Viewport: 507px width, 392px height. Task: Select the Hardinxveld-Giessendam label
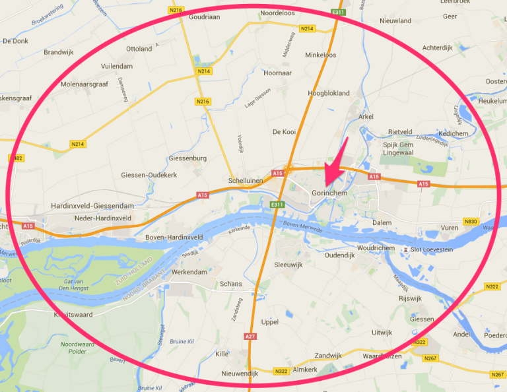pyautogui.click(x=92, y=206)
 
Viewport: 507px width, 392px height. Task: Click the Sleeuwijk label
pyautogui.click(x=288, y=265)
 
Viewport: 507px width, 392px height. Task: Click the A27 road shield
pyautogui.click(x=250, y=337)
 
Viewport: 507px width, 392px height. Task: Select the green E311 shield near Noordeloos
pyautogui.click(x=338, y=12)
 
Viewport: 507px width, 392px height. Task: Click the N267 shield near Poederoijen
pyautogui.click(x=498, y=374)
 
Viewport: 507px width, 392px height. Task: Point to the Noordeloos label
pyautogui.click(x=277, y=13)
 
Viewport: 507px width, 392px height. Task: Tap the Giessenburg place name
pyautogui.click(x=188, y=158)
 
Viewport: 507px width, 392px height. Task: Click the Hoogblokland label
pyautogui.click(x=329, y=93)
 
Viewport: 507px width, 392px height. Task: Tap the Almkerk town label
pyautogui.click(x=304, y=370)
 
